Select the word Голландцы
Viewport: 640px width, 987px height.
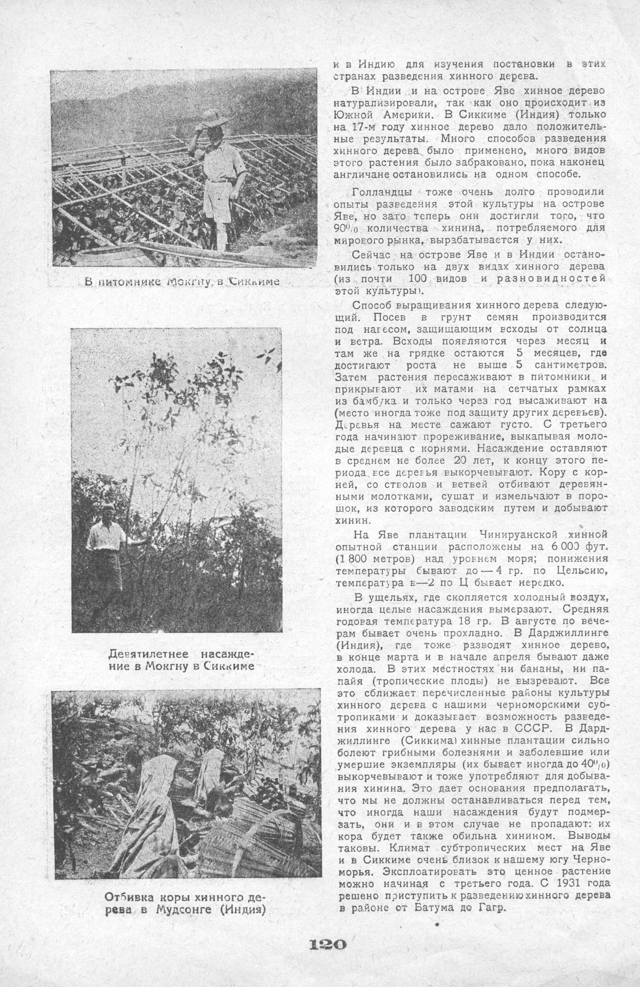coord(382,192)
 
